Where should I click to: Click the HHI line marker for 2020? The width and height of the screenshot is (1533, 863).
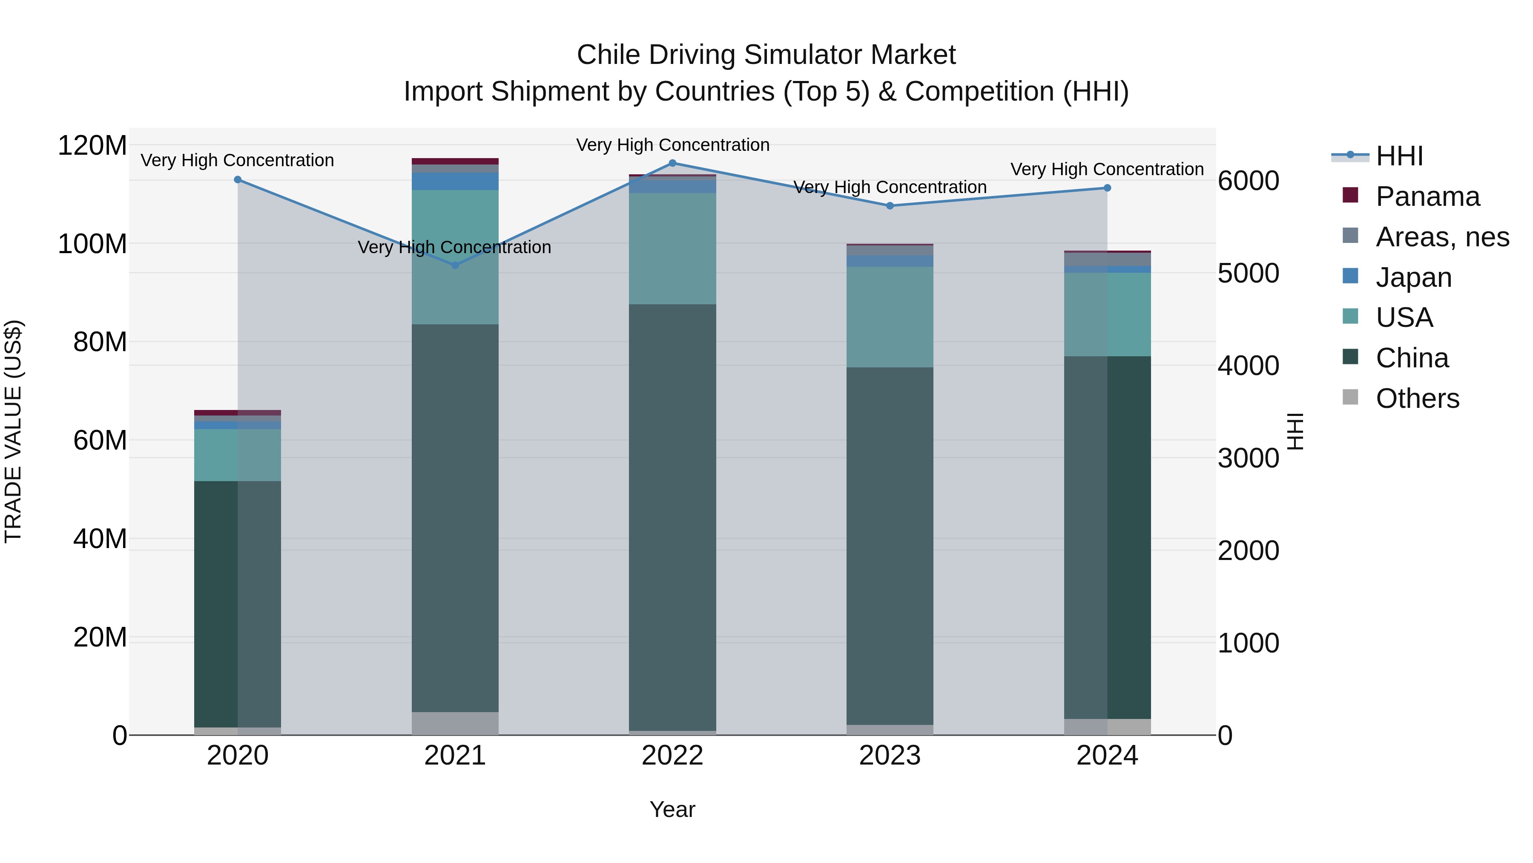click(238, 179)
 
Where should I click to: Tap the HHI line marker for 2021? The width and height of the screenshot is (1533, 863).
click(455, 265)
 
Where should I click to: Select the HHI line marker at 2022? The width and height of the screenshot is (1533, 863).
click(672, 163)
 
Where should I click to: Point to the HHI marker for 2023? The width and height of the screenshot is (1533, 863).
click(890, 205)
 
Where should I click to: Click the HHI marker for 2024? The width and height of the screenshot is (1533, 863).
click(1107, 188)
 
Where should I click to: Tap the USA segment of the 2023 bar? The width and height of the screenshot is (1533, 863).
click(890, 316)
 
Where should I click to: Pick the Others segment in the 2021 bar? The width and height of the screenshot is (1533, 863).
click(455, 723)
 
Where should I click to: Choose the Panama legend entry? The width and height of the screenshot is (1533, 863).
click(1427, 196)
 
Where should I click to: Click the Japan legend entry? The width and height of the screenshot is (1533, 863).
click(1413, 277)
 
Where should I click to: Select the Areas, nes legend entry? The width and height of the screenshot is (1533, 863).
click(1441, 237)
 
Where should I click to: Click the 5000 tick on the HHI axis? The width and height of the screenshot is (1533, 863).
click(1248, 273)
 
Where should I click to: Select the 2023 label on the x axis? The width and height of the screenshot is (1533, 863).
click(890, 756)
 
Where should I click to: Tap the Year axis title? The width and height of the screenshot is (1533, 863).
click(672, 809)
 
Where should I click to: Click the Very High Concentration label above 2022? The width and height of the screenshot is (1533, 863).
click(672, 145)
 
